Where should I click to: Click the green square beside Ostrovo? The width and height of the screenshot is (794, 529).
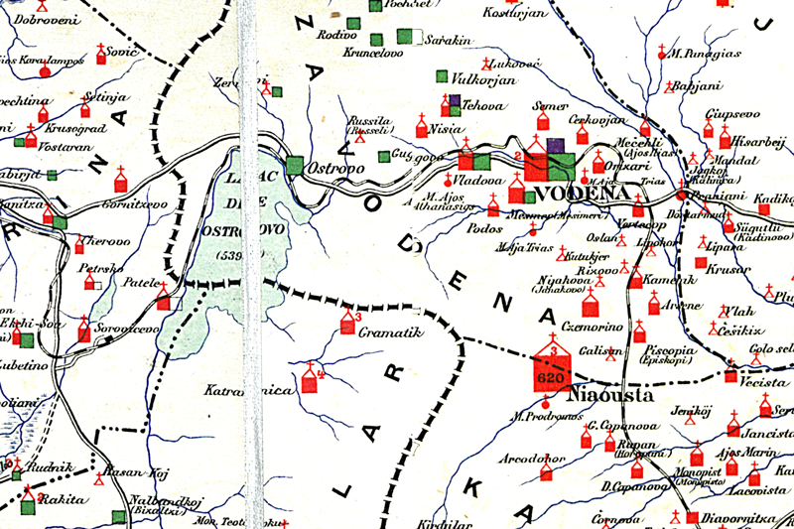(295, 166)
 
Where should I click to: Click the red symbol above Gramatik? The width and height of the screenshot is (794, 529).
(347, 324)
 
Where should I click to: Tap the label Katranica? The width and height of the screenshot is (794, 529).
(235, 391)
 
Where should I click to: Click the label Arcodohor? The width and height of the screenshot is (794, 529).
(534, 460)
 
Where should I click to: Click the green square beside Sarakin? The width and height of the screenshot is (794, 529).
(404, 37)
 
